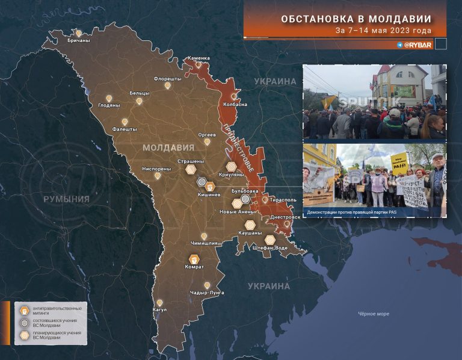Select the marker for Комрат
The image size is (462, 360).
coord(194,259)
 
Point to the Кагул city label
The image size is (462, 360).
coord(159,310)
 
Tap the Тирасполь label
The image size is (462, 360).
coord(283,199)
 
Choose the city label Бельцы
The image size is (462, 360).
coord(139,93)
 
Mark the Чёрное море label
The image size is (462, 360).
coord(374,314)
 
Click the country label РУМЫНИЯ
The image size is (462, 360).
coord(66,199)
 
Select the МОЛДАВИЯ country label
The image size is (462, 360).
coord(168,147)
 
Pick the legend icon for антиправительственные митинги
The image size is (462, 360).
coord(24,311)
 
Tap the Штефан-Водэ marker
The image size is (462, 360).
coord(270,240)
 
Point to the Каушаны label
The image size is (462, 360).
coord(250,232)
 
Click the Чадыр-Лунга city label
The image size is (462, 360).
coord(207,293)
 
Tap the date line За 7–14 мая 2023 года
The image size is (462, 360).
coord(391,30)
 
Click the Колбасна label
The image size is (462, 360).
coord(235,104)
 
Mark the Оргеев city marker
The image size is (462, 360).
coord(207,142)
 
